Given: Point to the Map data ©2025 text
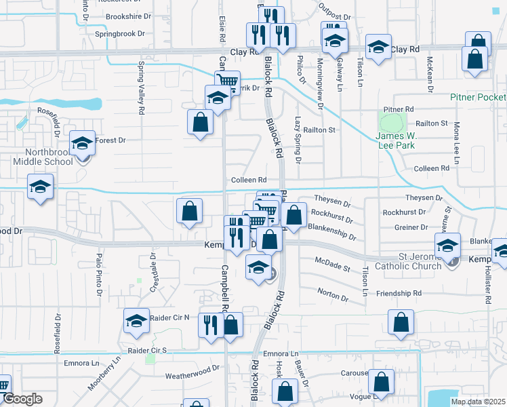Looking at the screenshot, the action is pyautogui.click(x=477, y=402).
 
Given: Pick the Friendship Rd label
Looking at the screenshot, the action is pyautogui.click(x=400, y=293).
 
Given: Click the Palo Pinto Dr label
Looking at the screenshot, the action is pyautogui.click(x=99, y=275).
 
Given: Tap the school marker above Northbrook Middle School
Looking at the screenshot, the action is pyautogui.click(x=82, y=143).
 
